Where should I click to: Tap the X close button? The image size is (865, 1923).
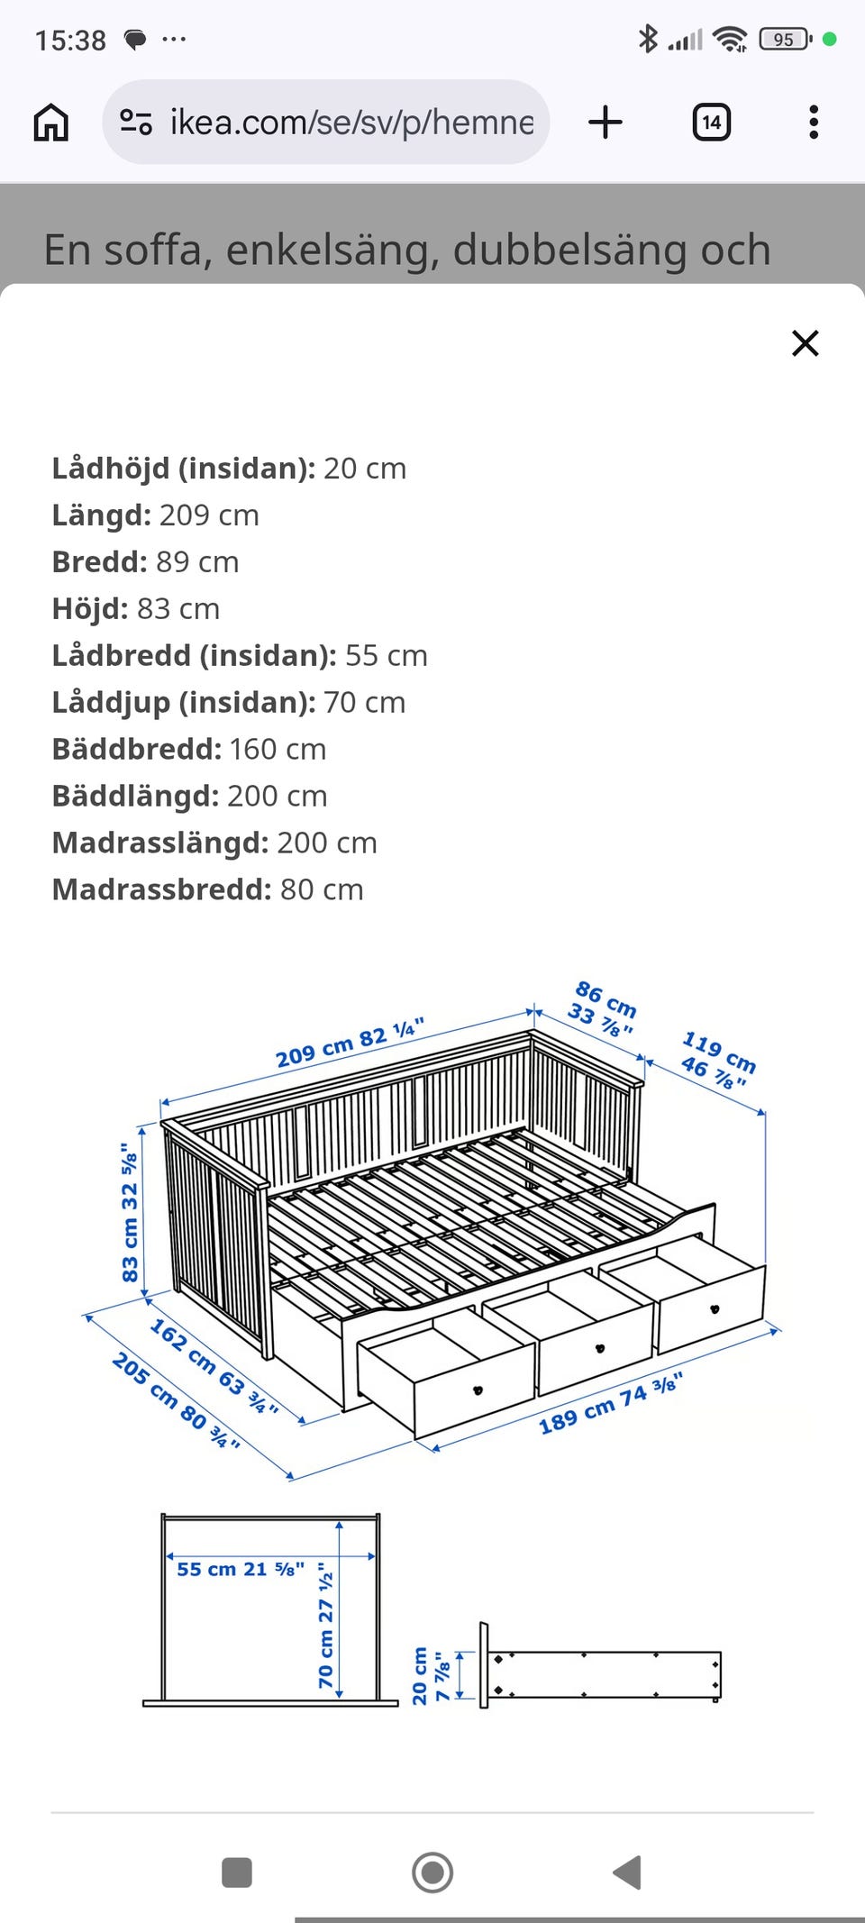(x=805, y=343)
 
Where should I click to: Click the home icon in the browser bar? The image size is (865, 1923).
(x=50, y=122)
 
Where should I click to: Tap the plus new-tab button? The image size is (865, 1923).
(x=605, y=122)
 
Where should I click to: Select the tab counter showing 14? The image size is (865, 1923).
(x=711, y=122)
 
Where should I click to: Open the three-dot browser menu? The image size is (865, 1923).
(x=814, y=122)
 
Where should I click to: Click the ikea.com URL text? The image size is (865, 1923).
(x=351, y=122)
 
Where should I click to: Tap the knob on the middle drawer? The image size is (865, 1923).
(x=600, y=1348)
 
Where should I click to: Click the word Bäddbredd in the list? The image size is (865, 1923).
(x=136, y=749)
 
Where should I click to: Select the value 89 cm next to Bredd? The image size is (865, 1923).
(x=197, y=561)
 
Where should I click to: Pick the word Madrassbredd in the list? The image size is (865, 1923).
(x=161, y=889)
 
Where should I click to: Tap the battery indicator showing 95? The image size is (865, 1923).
(x=784, y=40)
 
